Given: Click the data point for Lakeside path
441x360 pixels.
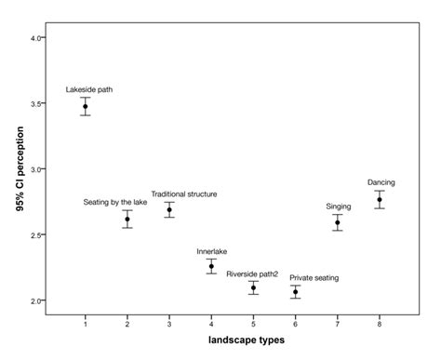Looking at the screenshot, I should (x=86, y=107).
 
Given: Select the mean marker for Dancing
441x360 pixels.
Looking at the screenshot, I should (x=380, y=200).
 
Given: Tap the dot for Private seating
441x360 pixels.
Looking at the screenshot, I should (x=295, y=292).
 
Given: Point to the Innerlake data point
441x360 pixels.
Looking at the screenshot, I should (x=211, y=267).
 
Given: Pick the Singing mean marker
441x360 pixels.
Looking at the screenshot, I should (x=338, y=222).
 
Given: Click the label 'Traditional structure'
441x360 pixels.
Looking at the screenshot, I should (x=184, y=194).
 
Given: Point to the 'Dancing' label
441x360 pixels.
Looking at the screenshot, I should (x=381, y=182).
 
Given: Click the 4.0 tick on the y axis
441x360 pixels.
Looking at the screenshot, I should (x=35, y=38).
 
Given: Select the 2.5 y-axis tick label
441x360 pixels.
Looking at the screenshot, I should (x=35, y=235).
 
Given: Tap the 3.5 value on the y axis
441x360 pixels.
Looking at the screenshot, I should (x=35, y=104).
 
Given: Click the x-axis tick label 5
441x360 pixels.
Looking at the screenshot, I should (x=253, y=322).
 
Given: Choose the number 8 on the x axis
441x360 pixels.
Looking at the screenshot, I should (x=380, y=322).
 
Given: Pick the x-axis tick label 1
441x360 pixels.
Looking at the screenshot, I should (x=86, y=322).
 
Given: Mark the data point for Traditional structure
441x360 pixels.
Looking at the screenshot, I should (x=169, y=210).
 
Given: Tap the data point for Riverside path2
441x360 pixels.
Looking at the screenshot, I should (x=253, y=288).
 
